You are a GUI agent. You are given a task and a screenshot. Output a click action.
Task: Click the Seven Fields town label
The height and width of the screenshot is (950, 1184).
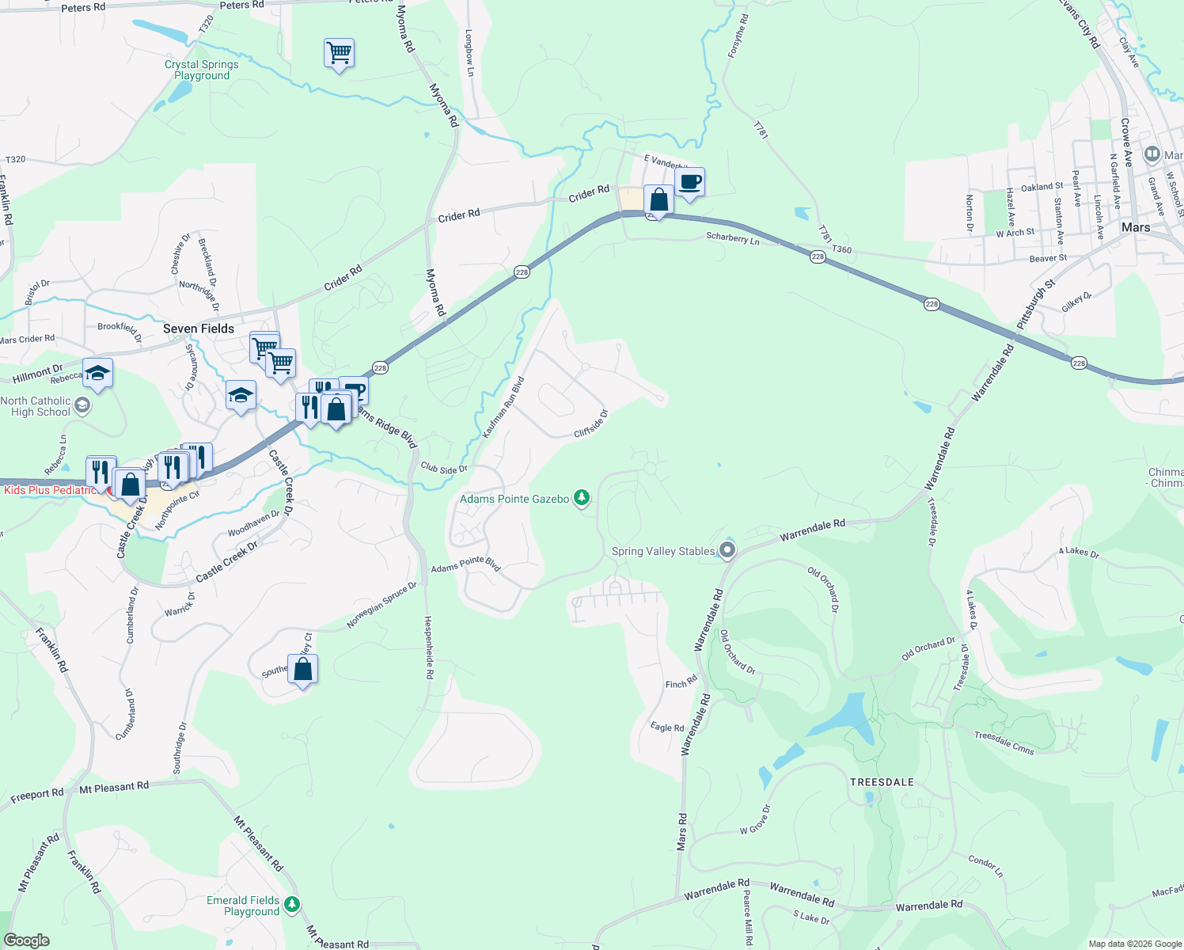pyautogui.click(x=199, y=329)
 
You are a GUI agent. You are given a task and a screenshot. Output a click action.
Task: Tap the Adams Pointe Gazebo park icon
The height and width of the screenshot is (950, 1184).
pyautogui.click(x=582, y=498)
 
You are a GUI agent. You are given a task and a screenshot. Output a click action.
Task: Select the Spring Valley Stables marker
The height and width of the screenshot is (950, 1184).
pyautogui.click(x=728, y=550)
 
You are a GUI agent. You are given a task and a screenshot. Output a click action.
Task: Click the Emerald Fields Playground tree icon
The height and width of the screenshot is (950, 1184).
pyautogui.click(x=292, y=903)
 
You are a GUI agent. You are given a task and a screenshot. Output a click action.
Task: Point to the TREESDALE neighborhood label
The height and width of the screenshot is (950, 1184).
pyautogui.click(x=882, y=782)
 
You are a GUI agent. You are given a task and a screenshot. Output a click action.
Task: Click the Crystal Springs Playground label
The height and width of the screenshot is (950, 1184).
pyautogui.click(x=202, y=70)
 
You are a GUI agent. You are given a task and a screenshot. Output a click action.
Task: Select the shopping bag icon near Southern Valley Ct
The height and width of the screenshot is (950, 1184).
pyautogui.click(x=303, y=670)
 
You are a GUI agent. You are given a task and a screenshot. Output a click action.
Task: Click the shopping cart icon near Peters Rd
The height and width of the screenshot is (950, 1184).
pyautogui.click(x=339, y=54)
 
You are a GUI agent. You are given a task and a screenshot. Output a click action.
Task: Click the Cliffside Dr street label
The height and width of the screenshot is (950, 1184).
pyautogui.click(x=591, y=424)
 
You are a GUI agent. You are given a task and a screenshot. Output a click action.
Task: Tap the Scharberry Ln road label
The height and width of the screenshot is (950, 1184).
pyautogui.click(x=732, y=238)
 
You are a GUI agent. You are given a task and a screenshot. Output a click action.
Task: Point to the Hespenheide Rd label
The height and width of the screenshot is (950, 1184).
pyautogui.click(x=429, y=648)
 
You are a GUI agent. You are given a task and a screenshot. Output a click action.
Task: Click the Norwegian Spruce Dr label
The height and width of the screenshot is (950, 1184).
pyautogui.click(x=381, y=606)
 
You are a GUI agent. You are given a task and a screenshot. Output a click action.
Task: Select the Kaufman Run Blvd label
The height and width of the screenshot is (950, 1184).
pyautogui.click(x=503, y=408)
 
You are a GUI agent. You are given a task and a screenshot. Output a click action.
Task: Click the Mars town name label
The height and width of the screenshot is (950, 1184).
pyautogui.click(x=1135, y=227)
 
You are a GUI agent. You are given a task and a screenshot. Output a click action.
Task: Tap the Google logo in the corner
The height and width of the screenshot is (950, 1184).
pyautogui.click(x=27, y=940)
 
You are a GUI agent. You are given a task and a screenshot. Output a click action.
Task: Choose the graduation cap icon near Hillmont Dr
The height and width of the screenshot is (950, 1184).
pyautogui.click(x=97, y=373)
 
